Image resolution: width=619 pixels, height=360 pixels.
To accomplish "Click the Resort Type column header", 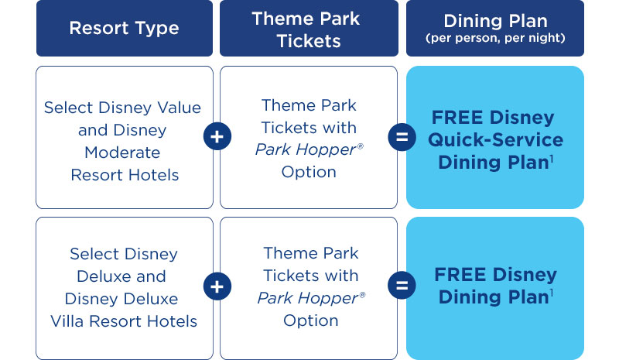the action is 124,28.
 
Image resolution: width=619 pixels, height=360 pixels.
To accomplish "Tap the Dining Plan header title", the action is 495,21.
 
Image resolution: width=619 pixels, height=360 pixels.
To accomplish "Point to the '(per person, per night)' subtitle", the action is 495,39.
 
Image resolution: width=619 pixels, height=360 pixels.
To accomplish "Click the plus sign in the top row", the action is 217,136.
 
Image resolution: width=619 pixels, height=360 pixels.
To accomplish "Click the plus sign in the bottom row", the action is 217,286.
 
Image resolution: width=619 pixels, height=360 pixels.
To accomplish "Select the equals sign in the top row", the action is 402,137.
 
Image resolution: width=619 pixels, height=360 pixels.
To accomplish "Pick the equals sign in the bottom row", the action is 402,286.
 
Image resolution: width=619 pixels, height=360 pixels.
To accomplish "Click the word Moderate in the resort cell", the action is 122,153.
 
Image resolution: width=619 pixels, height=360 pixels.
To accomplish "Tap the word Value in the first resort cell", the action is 180,108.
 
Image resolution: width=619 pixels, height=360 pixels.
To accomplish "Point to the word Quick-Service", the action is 495,140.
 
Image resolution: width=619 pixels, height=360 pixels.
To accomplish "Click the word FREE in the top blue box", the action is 457,118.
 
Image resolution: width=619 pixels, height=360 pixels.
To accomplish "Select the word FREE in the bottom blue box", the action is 460,275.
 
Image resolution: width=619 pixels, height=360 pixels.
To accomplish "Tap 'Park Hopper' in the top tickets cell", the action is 306,149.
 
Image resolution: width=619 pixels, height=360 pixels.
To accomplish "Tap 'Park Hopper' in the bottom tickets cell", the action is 308,298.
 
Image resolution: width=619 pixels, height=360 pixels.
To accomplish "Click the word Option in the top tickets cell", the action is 309,172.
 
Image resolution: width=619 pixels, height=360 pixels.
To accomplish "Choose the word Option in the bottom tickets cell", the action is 311,321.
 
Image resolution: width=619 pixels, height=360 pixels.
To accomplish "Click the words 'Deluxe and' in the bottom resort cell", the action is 121,276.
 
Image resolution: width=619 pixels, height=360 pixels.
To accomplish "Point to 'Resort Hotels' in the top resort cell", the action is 125,175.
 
